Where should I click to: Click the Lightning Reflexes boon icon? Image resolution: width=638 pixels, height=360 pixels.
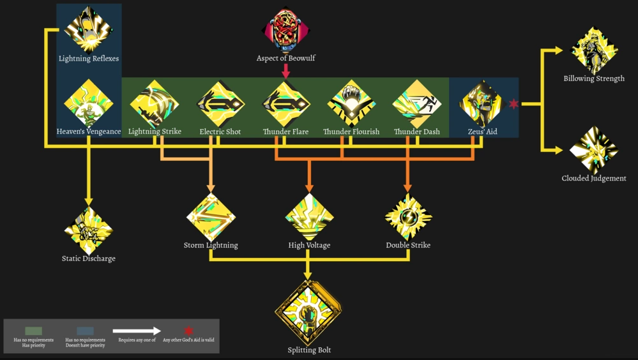click(x=89, y=29)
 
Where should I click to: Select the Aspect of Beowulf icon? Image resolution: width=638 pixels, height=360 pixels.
click(x=285, y=30)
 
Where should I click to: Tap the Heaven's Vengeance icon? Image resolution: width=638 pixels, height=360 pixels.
click(x=89, y=103)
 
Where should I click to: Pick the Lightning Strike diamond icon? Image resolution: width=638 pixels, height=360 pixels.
click(x=154, y=104)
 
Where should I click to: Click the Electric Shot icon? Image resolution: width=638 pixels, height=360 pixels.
click(x=220, y=104)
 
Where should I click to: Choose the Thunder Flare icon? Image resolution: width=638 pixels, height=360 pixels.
click(x=285, y=104)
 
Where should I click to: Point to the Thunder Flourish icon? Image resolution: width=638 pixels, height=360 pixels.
click(x=351, y=104)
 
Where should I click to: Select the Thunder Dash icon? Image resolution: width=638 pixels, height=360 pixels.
click(x=417, y=104)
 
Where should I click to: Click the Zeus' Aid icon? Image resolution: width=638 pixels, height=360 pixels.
click(x=483, y=104)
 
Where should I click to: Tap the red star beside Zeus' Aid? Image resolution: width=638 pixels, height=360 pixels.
click(x=514, y=104)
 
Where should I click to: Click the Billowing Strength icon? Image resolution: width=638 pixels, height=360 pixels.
click(x=594, y=50)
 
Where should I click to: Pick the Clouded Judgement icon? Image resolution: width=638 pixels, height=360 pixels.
click(x=594, y=150)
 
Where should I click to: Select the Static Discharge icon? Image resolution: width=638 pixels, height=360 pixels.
click(x=89, y=230)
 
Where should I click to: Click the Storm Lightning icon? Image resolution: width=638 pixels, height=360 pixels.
click(x=211, y=217)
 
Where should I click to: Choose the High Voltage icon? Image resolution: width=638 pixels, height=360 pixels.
click(x=309, y=217)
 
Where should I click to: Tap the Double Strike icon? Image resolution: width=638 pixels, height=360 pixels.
click(x=408, y=217)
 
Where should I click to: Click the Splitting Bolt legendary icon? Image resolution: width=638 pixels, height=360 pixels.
click(x=308, y=312)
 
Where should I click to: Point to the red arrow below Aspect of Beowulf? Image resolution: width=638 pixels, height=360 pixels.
click(x=285, y=71)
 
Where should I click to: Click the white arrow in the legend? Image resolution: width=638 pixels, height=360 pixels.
click(x=137, y=331)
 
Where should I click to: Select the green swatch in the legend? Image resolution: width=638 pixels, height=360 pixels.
click(x=33, y=331)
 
